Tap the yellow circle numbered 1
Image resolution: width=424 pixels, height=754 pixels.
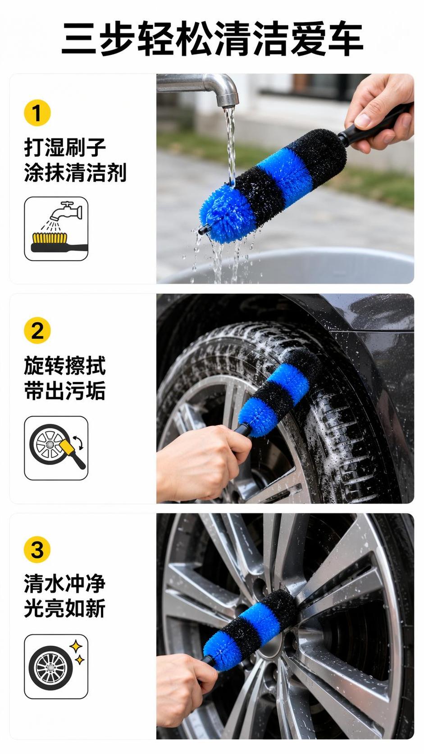click(37, 113)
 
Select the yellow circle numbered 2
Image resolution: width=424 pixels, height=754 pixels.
click(37, 331)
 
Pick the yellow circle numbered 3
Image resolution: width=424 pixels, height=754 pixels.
click(37, 549)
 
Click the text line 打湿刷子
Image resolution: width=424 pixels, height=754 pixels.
click(65, 147)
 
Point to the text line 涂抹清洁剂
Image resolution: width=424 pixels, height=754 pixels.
click(75, 172)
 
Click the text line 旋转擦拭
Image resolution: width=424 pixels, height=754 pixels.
click(65, 366)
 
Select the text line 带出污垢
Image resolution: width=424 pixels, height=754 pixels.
click(65, 391)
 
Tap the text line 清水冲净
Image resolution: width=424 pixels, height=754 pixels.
click(65, 584)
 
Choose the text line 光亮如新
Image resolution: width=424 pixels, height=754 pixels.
click(65, 608)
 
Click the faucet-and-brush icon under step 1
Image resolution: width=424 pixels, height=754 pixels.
click(56, 229)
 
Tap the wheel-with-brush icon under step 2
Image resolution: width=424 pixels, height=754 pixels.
click(56, 448)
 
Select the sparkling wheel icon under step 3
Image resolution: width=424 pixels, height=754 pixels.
click(56, 667)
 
